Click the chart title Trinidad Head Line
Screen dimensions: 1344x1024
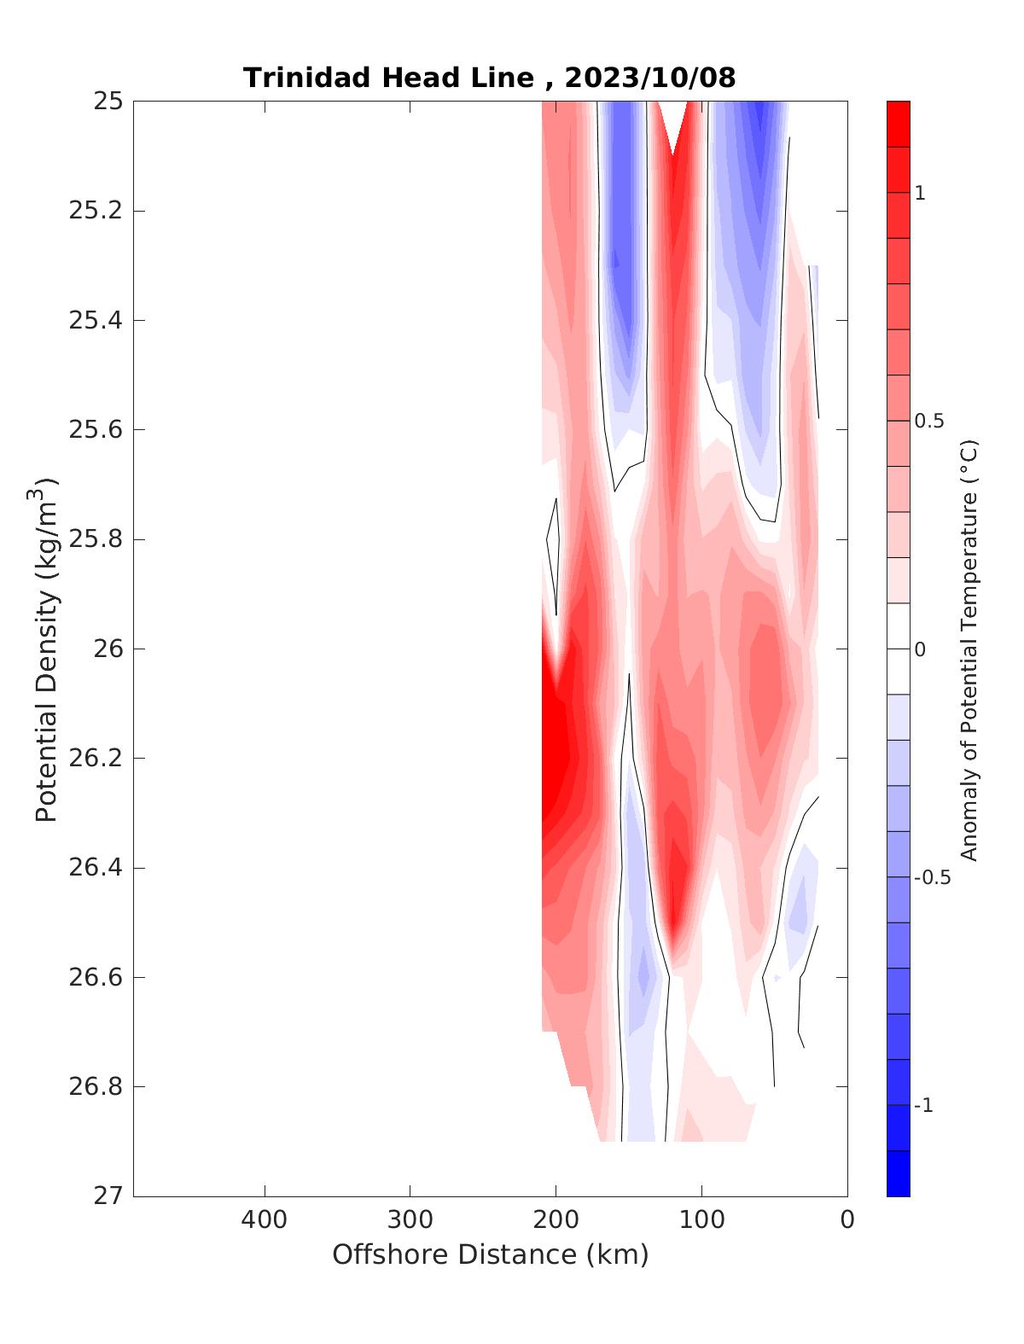pyautogui.click(x=389, y=78)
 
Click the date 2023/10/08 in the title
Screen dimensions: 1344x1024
pyautogui.click(x=649, y=78)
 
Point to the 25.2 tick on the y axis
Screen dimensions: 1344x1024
pyautogui.click(x=95, y=211)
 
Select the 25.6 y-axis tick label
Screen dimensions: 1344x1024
pyautogui.click(x=95, y=430)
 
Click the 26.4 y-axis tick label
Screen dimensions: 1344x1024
pyautogui.click(x=95, y=868)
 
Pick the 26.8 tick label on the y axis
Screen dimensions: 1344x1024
pyautogui.click(x=95, y=1087)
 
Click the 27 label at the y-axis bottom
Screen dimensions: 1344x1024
pyautogui.click(x=107, y=1196)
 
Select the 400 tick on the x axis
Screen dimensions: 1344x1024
pyautogui.click(x=265, y=1219)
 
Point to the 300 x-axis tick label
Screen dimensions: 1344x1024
pyautogui.click(x=410, y=1219)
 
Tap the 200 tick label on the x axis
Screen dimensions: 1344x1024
pyautogui.click(x=556, y=1219)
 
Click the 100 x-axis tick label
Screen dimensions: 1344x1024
pyautogui.click(x=702, y=1219)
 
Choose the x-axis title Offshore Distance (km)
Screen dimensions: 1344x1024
pyautogui.click(x=491, y=1254)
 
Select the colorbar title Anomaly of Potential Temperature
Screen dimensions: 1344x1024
pyautogui.click(x=969, y=650)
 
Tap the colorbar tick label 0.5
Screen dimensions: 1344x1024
pyautogui.click(x=929, y=422)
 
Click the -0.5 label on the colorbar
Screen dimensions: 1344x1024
pyautogui.click(x=931, y=878)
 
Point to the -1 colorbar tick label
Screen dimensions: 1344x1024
pyautogui.click(x=923, y=1106)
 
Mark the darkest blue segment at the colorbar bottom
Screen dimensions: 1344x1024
pyautogui.click(x=898, y=1174)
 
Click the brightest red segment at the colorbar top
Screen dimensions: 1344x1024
pyautogui.click(x=898, y=124)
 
